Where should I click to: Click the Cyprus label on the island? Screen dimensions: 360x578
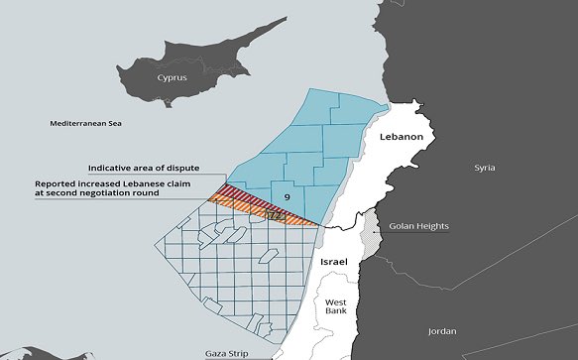coord(171,76)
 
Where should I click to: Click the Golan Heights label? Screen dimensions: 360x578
coord(419,226)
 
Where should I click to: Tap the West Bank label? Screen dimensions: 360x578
coord(335,306)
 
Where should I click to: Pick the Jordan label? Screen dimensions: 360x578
coord(441,330)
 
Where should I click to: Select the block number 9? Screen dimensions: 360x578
coord(286,197)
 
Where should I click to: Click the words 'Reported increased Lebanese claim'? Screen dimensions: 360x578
coord(120,184)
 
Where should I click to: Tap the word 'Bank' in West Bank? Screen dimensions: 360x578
coord(335,312)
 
